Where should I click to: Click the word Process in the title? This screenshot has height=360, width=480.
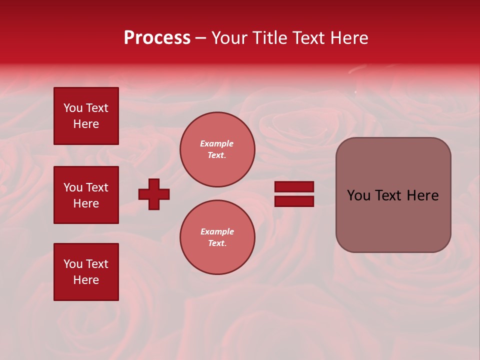pyautogui.click(x=157, y=38)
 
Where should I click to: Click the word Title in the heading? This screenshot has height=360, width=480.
pyautogui.click(x=269, y=38)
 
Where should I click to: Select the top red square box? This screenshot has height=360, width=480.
pyautogui.click(x=86, y=116)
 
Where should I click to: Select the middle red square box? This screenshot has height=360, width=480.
pyautogui.click(x=86, y=195)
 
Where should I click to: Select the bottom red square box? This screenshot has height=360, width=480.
pyautogui.click(x=86, y=272)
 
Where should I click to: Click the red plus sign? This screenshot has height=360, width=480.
pyautogui.click(x=154, y=194)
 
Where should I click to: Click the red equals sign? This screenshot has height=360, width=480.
pyautogui.click(x=294, y=194)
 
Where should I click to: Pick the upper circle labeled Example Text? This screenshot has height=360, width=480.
pyautogui.click(x=217, y=149)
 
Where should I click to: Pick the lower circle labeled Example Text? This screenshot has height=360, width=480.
pyautogui.click(x=217, y=237)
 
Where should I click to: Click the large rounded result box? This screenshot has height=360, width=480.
pyautogui.click(x=393, y=195)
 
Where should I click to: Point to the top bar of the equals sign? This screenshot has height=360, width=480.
pyautogui.click(x=294, y=187)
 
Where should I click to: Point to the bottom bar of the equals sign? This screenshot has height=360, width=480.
pyautogui.click(x=294, y=201)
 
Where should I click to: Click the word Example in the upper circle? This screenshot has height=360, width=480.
pyautogui.click(x=217, y=144)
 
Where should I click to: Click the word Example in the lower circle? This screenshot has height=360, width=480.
pyautogui.click(x=217, y=232)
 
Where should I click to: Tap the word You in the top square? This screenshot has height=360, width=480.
pyautogui.click(x=73, y=108)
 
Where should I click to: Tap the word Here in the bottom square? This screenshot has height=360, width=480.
pyautogui.click(x=86, y=280)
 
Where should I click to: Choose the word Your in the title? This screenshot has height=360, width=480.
pyautogui.click(x=230, y=38)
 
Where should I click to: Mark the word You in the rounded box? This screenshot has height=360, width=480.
pyautogui.click(x=358, y=195)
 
